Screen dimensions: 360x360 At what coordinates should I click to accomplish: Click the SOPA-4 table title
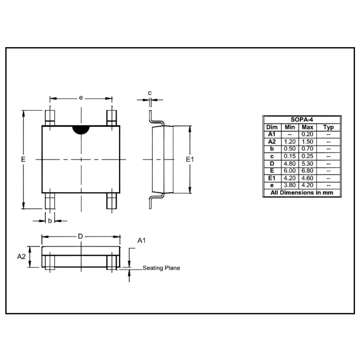(302, 120)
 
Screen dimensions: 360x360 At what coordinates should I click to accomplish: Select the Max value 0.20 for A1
(307, 134)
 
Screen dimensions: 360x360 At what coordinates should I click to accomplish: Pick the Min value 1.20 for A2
(289, 141)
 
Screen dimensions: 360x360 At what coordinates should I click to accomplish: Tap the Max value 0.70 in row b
(307, 149)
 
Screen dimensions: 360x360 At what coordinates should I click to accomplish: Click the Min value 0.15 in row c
(289, 156)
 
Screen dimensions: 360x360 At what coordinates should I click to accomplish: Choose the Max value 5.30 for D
(307, 164)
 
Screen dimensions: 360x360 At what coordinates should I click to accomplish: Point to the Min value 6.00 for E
(289, 171)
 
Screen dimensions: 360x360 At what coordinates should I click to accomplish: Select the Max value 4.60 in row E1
(307, 178)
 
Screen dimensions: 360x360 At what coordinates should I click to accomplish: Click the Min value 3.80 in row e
(289, 185)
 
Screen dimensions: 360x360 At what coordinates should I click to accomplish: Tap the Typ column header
(328, 127)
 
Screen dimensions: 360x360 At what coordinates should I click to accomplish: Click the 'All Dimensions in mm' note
(302, 193)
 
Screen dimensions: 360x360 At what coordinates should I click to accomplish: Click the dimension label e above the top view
(81, 98)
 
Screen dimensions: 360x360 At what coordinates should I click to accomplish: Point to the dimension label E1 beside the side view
(190, 159)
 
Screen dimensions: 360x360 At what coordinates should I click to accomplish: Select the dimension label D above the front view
(80, 236)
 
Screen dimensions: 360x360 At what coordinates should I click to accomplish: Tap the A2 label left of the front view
(21, 257)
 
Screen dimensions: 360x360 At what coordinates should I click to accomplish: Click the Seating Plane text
(161, 268)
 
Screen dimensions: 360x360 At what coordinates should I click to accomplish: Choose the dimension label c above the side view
(150, 93)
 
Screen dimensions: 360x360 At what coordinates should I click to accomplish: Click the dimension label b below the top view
(50, 221)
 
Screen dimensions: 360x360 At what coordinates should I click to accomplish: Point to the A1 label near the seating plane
(141, 240)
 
